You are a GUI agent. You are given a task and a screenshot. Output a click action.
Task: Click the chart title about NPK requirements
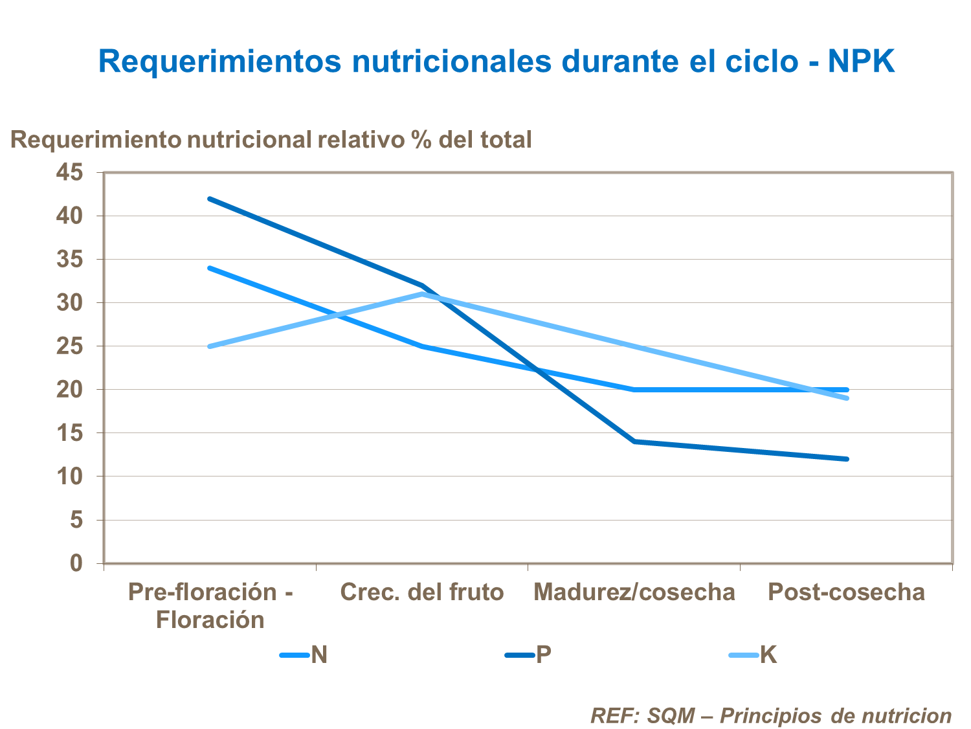pos(497,62)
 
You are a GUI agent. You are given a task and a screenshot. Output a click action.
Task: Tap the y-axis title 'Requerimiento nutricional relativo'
pos(271,139)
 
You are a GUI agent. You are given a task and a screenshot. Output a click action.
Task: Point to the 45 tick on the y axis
pos(70,172)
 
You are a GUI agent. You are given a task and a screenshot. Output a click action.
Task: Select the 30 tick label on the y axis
pos(70,302)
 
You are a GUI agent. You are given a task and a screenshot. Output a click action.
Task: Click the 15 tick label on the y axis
pos(70,433)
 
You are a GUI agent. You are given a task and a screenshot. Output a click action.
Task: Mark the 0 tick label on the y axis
pos(76,563)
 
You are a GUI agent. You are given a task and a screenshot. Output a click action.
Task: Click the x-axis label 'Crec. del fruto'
pos(421,592)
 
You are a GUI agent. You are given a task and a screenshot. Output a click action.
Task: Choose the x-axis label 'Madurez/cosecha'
pos(634,592)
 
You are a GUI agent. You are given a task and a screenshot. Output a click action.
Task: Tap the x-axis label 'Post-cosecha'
pos(846,592)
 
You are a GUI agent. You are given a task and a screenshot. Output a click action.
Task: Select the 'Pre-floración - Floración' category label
pos(210,605)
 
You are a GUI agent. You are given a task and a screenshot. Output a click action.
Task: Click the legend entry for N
pos(304,655)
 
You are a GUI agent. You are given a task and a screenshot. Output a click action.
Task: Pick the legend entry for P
pos(528,655)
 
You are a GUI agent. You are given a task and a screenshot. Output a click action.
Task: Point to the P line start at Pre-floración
pos(210,199)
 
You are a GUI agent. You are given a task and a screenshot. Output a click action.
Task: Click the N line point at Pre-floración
pos(210,268)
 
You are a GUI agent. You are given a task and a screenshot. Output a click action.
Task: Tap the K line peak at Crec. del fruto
pos(422,294)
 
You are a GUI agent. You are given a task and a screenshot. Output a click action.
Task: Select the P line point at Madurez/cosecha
pos(634,442)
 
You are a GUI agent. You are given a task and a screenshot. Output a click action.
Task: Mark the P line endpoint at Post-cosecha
pos(846,459)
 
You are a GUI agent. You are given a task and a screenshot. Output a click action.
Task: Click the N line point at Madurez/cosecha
pos(634,390)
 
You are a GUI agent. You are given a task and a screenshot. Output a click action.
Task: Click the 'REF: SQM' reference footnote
pos(770,715)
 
